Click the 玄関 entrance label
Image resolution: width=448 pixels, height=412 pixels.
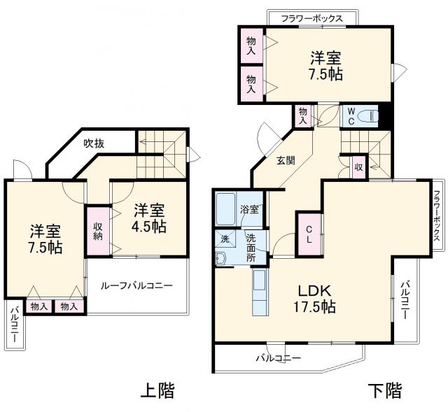(x=285, y=160)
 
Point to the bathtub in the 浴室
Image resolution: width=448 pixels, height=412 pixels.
(x=227, y=208)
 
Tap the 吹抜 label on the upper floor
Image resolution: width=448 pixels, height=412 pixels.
(x=94, y=143)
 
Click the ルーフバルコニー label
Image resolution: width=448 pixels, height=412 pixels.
(x=136, y=285)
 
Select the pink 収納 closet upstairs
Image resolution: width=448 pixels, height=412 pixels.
(x=98, y=230)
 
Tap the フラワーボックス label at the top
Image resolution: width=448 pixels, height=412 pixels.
(x=311, y=18)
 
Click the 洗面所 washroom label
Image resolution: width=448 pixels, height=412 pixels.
(x=251, y=247)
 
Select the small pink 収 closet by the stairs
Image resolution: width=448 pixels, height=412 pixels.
(x=358, y=167)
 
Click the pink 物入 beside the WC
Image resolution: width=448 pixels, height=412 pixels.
(x=303, y=116)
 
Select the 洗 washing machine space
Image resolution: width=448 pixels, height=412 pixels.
(x=224, y=238)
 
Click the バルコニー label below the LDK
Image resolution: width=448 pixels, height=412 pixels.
(x=278, y=358)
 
